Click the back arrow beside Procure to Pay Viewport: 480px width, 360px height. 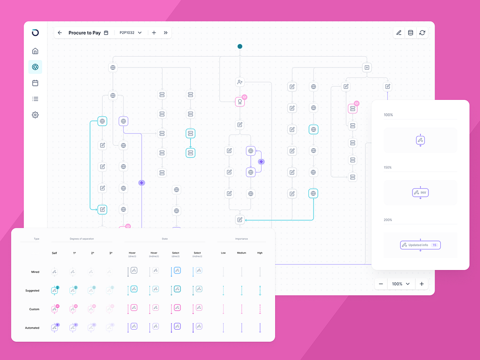(x=60, y=33)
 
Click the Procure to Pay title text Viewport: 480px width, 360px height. (x=84, y=33)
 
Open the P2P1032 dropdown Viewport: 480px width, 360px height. (x=130, y=33)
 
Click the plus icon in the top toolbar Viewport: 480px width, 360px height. (x=154, y=33)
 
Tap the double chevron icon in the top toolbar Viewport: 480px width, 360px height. (x=165, y=33)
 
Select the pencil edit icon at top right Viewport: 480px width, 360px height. (x=399, y=33)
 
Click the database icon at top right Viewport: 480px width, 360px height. (x=411, y=33)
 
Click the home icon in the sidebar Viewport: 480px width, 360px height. (x=35, y=51)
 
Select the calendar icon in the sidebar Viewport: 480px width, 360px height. (x=35, y=83)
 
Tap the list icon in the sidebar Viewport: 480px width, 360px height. (x=35, y=99)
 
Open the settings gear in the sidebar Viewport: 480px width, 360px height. (x=35, y=115)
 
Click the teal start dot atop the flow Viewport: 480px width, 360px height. (x=240, y=46)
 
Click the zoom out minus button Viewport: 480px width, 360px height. (x=381, y=284)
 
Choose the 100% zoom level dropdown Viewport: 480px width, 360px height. (x=401, y=284)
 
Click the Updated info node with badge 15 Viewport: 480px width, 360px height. (x=420, y=245)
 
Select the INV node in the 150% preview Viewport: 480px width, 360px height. (x=420, y=193)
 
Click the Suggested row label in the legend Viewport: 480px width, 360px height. (x=32, y=291)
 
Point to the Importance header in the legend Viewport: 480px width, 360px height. (x=241, y=239)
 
